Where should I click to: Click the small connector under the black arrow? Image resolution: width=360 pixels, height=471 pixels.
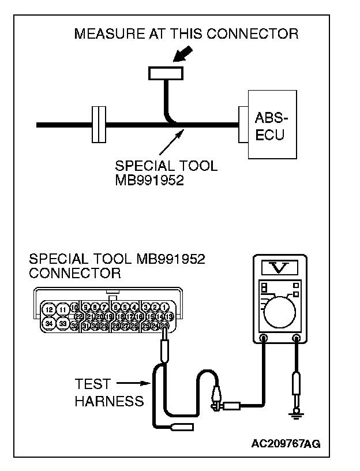166,73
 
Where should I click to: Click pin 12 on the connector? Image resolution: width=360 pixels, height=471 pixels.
49,309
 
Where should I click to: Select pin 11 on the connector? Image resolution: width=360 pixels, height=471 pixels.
64,309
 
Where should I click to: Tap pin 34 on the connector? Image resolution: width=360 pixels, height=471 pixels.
49,324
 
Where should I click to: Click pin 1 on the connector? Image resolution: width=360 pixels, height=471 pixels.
164,307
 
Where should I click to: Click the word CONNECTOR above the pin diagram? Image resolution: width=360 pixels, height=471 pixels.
74,272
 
